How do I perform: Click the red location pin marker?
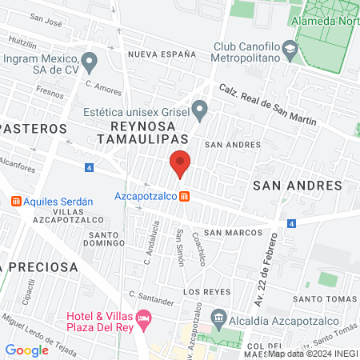(x=181, y=164)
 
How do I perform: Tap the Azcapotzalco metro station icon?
(x=184, y=196)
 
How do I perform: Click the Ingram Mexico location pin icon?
(x=90, y=60)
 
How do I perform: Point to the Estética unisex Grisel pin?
(x=200, y=107)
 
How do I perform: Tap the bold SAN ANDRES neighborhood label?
(x=297, y=185)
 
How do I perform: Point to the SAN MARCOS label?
(x=233, y=232)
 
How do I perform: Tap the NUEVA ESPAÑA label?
(x=162, y=54)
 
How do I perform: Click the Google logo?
(x=26, y=350)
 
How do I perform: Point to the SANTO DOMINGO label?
(x=104, y=238)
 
